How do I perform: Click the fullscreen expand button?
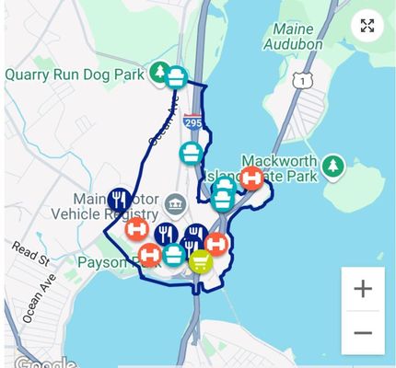[367, 26]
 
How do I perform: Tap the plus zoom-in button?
[363, 289]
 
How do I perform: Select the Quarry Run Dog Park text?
[76, 74]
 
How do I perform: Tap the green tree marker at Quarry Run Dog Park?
[159, 72]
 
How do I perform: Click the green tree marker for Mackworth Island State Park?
[332, 167]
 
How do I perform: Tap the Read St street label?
[29, 252]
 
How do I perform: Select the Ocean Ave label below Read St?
[39, 297]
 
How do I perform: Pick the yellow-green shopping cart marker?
[200, 262]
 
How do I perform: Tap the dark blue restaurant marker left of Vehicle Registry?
[118, 198]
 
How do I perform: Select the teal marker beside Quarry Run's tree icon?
[177, 77]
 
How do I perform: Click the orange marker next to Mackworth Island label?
[252, 178]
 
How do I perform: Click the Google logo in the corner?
[39, 362]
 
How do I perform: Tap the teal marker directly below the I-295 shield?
[191, 152]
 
